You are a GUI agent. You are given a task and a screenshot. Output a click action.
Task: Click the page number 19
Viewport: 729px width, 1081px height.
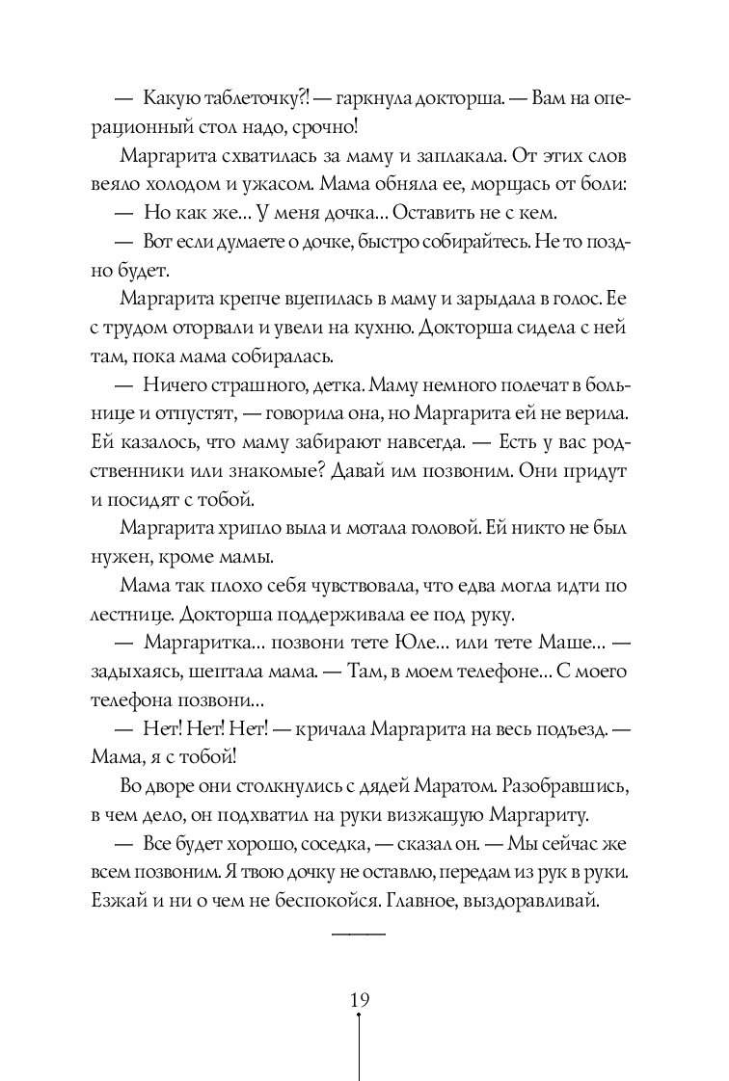point(359,1000)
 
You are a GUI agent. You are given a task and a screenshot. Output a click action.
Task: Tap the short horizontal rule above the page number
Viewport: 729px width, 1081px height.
point(358,935)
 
